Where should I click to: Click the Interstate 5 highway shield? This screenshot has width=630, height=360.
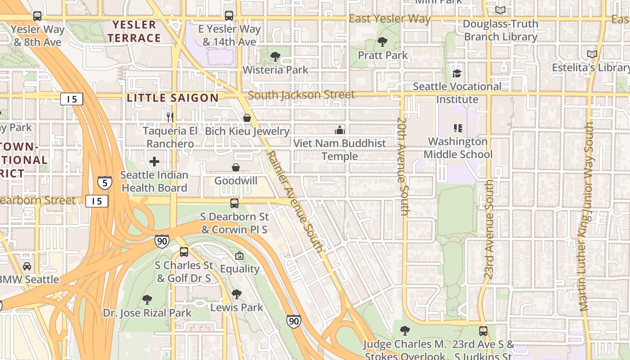click(105, 182)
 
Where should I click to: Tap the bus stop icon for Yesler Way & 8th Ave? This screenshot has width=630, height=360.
click(37, 16)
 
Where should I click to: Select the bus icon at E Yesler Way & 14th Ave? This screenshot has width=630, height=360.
click(229, 16)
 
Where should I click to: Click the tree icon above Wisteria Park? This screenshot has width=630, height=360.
click(275, 57)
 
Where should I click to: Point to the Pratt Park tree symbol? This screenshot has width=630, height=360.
click(382, 42)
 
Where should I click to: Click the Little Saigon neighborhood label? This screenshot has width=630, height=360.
click(173, 98)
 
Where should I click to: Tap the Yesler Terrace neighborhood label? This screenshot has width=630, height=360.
click(134, 31)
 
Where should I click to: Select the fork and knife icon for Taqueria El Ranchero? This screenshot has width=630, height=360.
click(170, 117)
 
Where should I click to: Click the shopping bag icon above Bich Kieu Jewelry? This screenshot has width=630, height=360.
click(247, 118)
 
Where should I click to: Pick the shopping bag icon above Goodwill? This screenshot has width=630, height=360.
click(236, 167)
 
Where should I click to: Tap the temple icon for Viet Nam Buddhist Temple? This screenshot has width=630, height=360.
click(340, 130)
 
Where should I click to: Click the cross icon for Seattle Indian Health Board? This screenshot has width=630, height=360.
click(154, 161)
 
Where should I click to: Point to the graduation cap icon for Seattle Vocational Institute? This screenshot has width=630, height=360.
click(457, 73)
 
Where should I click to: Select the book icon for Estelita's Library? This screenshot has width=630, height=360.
click(592, 54)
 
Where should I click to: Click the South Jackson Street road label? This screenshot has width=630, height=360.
click(301, 95)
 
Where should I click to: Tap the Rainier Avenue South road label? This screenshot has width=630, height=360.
click(295, 201)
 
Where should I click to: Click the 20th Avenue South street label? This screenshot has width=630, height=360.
click(403, 166)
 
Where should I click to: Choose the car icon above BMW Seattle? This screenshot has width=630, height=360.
click(27, 266)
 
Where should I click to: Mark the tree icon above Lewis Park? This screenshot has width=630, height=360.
click(237, 294)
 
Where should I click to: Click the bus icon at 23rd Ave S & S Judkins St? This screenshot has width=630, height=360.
click(483, 331)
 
